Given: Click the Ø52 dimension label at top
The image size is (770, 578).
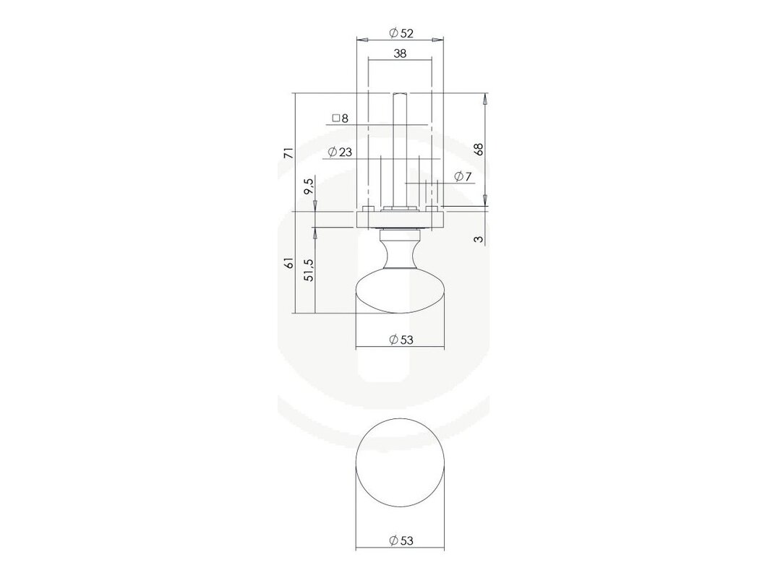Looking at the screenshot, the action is pos(401,33).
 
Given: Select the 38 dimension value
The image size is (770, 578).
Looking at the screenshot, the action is pos(401,53).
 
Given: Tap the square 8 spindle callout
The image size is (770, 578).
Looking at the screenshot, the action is pos(340,118).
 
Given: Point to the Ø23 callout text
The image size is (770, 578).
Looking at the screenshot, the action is pos(340,152).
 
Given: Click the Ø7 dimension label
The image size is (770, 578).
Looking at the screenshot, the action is pos(463,176).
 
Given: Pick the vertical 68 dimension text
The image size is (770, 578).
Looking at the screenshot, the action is pos(479,149).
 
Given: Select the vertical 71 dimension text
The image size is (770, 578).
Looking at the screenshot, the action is pos(289,152).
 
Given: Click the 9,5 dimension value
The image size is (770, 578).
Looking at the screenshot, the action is pos(309,187).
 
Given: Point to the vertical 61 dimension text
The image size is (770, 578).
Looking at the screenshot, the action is pos(289,262).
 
